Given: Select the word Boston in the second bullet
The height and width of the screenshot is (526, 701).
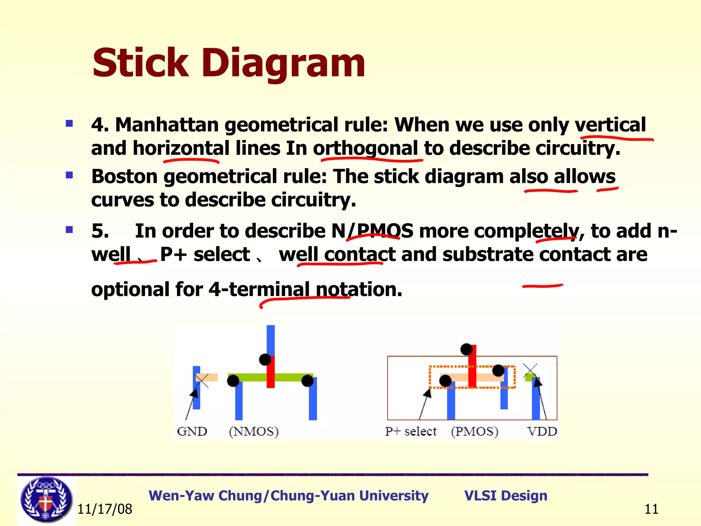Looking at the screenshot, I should tap(124, 177).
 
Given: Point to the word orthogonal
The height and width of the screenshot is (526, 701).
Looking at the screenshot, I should tap(366, 149).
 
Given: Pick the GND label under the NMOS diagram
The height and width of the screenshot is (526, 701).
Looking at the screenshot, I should tap(192, 431).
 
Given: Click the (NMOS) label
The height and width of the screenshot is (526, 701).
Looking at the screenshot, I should tap(254, 431).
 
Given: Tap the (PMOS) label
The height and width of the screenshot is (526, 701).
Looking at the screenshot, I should tap(474, 431).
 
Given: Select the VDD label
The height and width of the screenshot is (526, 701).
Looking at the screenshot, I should tap(542, 431).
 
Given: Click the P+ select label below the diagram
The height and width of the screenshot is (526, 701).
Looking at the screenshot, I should tap(411, 431).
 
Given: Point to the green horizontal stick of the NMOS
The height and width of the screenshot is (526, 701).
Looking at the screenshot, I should tap(250, 377).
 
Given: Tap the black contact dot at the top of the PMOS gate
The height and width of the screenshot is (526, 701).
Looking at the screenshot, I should tap(466, 349).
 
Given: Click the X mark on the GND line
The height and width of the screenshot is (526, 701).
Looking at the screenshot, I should tap(202, 380).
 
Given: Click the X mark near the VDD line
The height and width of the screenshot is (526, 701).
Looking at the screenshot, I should tap(530, 371).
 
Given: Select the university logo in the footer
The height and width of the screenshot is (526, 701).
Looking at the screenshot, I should tap(46, 500).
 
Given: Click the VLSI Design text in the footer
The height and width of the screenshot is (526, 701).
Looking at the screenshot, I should tap(506, 496).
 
